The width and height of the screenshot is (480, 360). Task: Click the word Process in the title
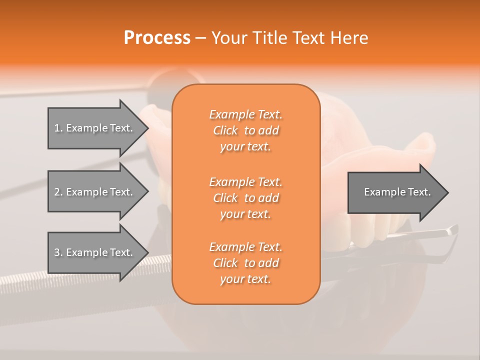(157, 38)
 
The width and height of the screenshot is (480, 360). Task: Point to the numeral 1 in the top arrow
(57, 128)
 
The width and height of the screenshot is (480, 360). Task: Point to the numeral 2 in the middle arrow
(57, 192)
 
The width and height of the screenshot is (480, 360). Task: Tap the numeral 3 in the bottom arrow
(57, 252)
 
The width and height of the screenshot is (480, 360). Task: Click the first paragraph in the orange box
(245, 130)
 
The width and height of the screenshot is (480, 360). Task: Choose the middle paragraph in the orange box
(245, 198)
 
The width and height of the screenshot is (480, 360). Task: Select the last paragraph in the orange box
(245, 263)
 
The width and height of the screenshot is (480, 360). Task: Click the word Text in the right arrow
(419, 192)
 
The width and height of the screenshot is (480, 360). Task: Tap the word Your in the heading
(229, 38)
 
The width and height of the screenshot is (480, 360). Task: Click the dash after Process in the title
(200, 38)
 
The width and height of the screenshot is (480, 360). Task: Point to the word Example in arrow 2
(87, 192)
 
